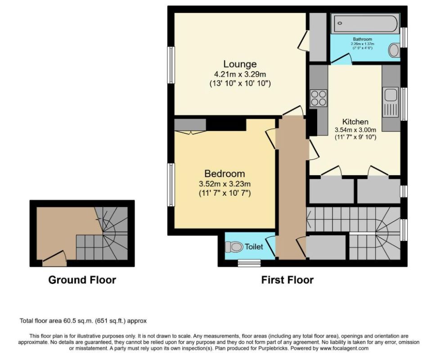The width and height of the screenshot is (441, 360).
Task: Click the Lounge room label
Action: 240,64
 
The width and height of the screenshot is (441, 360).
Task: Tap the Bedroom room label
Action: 225,174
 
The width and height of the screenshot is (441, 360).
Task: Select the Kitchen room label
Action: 355,122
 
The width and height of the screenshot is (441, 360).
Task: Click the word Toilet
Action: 254,247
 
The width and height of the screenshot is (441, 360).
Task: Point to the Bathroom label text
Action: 363,40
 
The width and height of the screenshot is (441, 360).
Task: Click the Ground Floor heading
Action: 82,280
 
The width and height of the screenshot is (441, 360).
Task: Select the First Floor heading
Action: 287,280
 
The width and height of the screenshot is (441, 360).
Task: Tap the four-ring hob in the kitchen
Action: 319,98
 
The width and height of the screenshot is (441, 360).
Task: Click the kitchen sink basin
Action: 391,94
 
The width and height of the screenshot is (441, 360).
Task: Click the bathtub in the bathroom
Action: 365,23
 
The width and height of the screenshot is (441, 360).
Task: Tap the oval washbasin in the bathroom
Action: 394,50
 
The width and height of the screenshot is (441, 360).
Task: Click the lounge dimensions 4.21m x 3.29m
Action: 240,75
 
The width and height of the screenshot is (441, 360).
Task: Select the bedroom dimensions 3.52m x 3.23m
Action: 225,184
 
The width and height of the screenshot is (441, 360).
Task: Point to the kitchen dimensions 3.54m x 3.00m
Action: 355,130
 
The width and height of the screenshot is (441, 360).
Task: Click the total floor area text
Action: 83,320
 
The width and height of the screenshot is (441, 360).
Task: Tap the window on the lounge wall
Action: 171,65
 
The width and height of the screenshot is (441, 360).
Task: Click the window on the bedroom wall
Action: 171,185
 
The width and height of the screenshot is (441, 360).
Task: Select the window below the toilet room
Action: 249,263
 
